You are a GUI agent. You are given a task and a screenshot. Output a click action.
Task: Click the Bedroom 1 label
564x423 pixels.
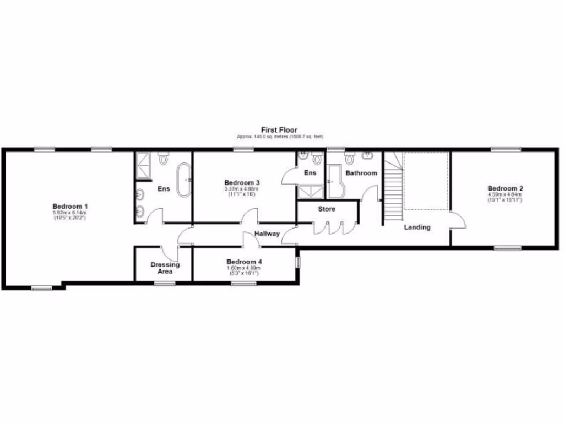click(70, 206)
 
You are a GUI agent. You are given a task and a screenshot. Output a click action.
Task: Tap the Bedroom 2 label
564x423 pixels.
click(505, 188)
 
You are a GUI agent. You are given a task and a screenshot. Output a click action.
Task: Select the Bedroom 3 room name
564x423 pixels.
click(242, 182)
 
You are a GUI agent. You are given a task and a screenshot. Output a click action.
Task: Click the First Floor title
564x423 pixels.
click(279, 130)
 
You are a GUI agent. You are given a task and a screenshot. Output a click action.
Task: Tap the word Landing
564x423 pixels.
click(417, 227)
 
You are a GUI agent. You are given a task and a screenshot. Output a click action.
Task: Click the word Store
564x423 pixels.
click(326, 209)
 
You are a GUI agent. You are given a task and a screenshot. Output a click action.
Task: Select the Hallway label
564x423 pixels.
click(267, 234)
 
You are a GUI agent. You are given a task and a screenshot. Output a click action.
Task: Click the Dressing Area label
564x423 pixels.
click(165, 268)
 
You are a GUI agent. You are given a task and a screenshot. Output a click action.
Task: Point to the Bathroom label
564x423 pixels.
click(361, 173)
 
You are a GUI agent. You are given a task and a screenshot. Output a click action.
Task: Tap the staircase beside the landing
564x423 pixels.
click(392, 187)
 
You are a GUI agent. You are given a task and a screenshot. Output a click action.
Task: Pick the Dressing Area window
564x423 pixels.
click(164, 284)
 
